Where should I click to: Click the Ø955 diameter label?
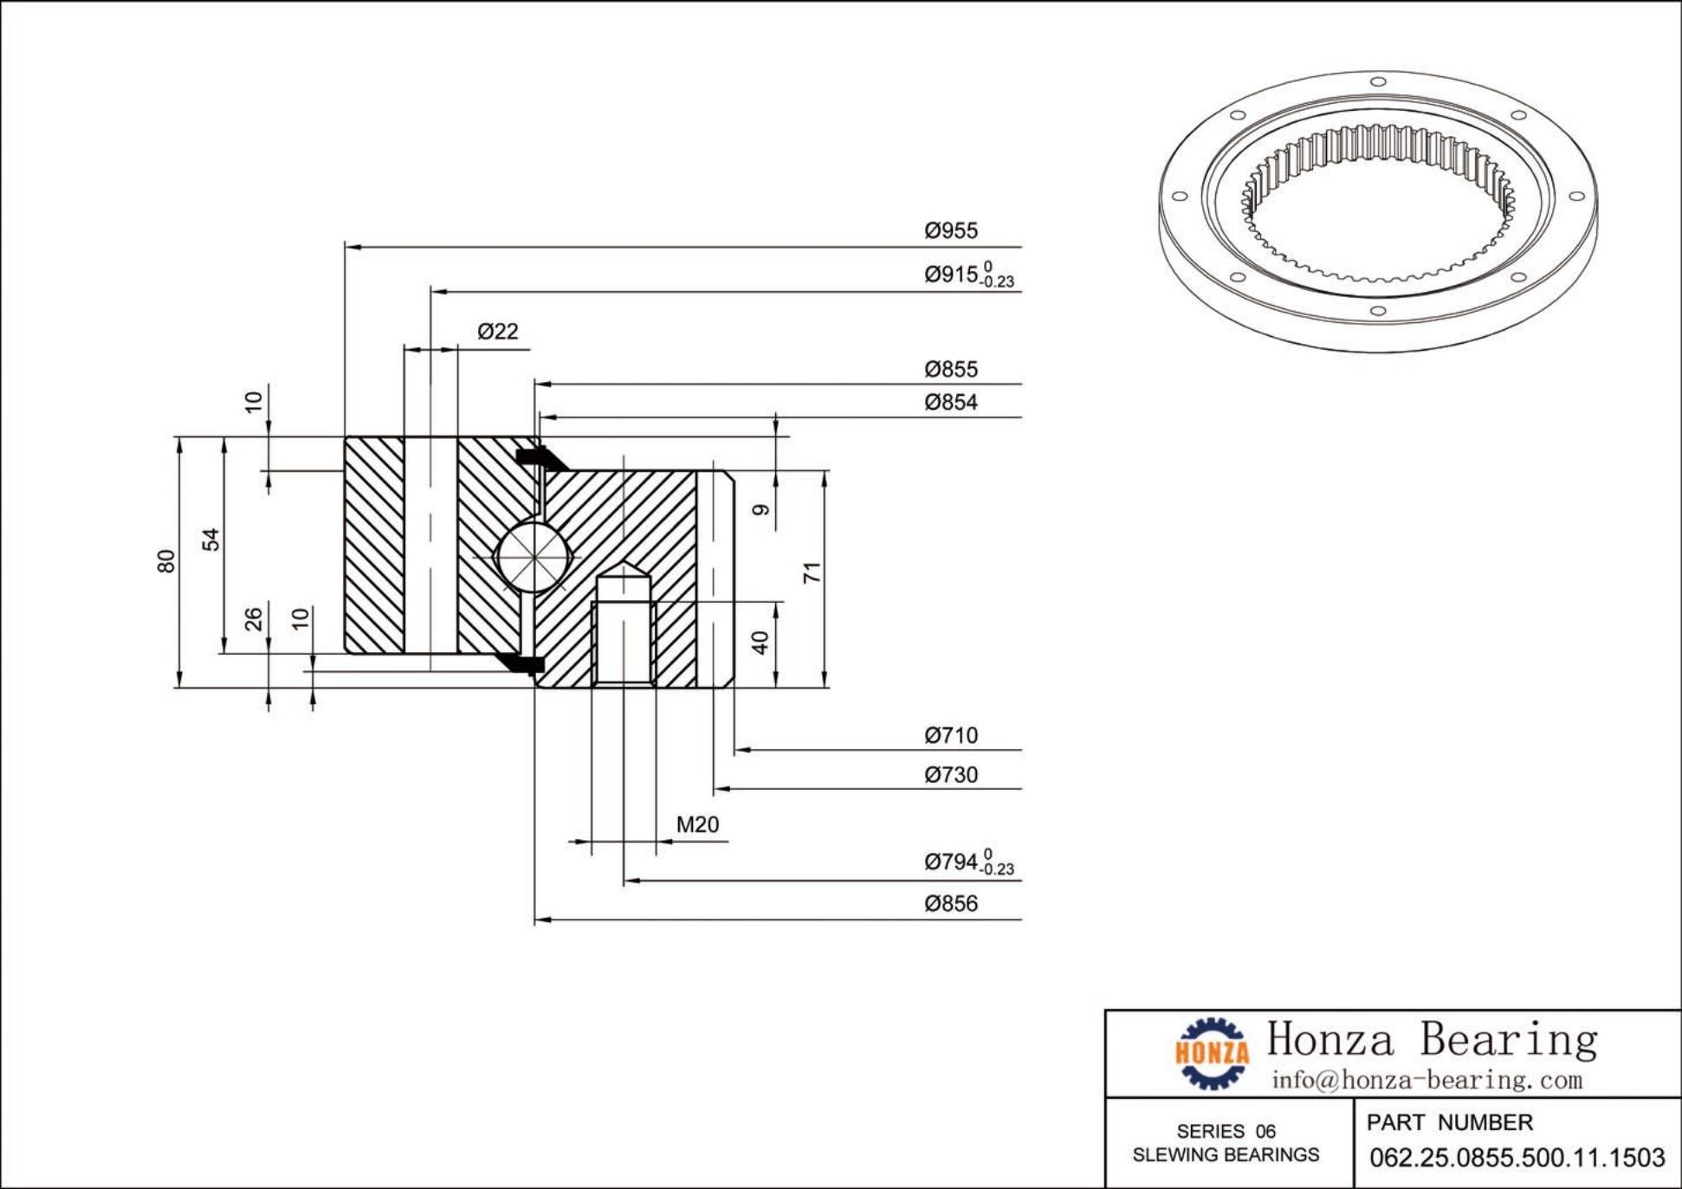pyautogui.click(x=950, y=230)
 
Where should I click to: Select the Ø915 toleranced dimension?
pyautogui.click(x=967, y=275)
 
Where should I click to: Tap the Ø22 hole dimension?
pyautogui.click(x=498, y=331)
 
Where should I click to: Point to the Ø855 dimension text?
pyautogui.click(x=950, y=369)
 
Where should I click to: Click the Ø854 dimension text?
pyautogui.click(x=950, y=402)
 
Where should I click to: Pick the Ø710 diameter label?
pyautogui.click(x=950, y=735)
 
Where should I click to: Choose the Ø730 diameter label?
pyautogui.click(x=950, y=774)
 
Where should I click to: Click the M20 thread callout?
pyautogui.click(x=697, y=824)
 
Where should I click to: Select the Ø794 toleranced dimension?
pyautogui.click(x=967, y=862)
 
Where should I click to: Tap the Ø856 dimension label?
pyautogui.click(x=950, y=903)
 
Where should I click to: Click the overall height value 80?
pyautogui.click(x=165, y=561)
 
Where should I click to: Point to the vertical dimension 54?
pyautogui.click(x=210, y=540)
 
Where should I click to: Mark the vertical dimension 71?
pyautogui.click(x=811, y=572)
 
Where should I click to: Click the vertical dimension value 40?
pyautogui.click(x=760, y=643)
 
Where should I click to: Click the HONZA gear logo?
pyautogui.click(x=1212, y=1052)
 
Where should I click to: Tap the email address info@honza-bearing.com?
pyautogui.click(x=1426, y=1080)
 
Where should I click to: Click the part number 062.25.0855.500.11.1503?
pyautogui.click(x=1517, y=1157)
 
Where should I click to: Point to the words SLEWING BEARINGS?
pyautogui.click(x=1226, y=1154)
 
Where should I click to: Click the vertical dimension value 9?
pyautogui.click(x=760, y=509)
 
